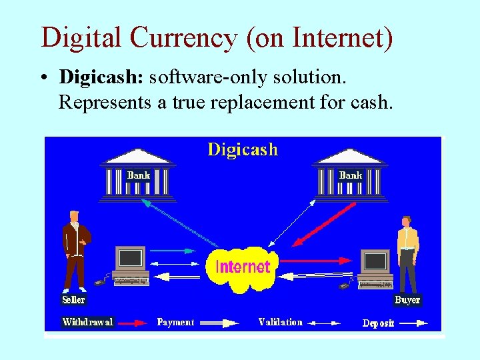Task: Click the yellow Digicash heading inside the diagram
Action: (243, 149)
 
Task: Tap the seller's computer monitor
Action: (130, 258)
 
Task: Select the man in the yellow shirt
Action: (407, 253)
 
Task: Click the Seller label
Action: (73, 300)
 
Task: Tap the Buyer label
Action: (407, 300)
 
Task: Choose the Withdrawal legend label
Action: (87, 322)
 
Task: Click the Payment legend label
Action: (175, 322)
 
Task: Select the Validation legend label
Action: (280, 322)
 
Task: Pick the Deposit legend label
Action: (378, 323)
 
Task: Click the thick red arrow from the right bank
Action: (327, 225)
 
